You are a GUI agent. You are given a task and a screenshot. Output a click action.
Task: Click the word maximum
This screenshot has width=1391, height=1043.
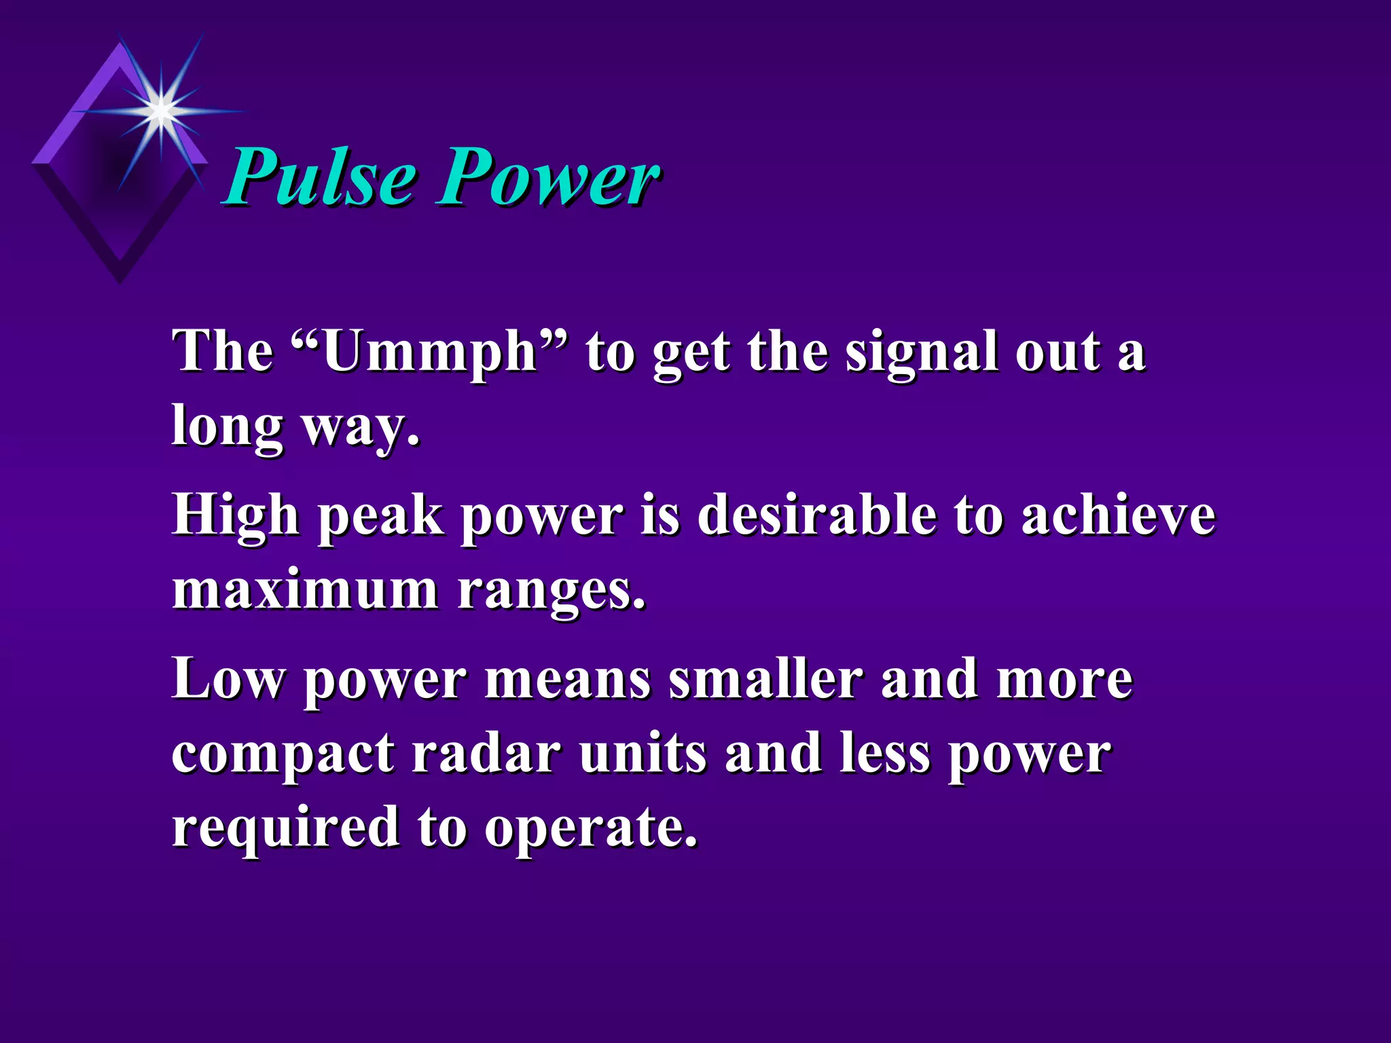click(305, 589)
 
